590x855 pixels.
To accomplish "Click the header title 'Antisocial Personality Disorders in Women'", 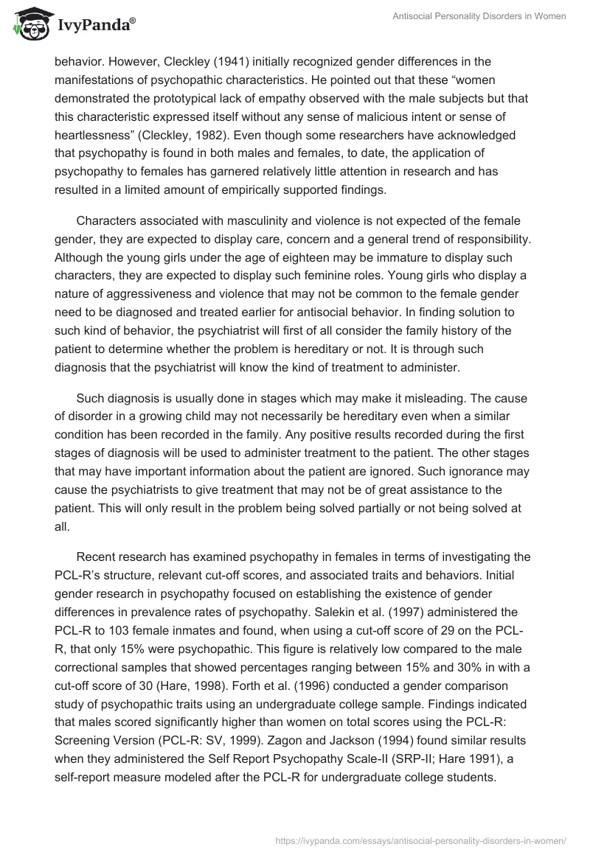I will (479, 16).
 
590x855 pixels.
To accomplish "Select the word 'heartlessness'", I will (91, 136).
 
